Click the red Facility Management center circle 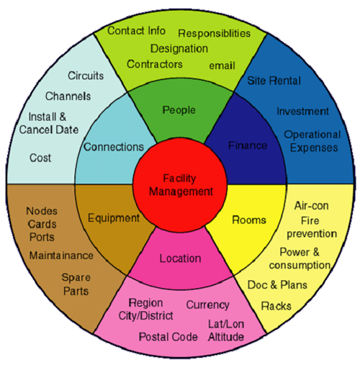tap(180, 185)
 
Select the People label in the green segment tap(179, 110)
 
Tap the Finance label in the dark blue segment tap(248, 145)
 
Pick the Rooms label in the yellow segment tap(249, 220)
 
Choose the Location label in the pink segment tap(181, 258)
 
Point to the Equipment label tap(114, 218)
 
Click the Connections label tap(114, 147)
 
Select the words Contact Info tap(136, 31)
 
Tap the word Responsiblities tap(214, 34)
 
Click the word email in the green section tap(222, 66)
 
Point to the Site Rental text tap(274, 81)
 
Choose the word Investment tap(302, 112)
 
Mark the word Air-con tap(311, 206)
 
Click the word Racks tap(276, 306)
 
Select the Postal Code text tap(168, 337)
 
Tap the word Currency tap(208, 305)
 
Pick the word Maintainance tap(61, 256)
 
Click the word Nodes tap(42, 211)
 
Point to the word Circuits tap(86, 76)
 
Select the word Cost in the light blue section tap(40, 158)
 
